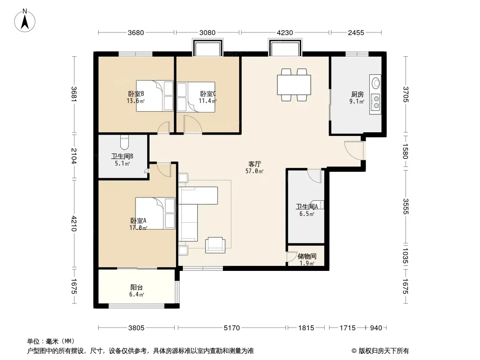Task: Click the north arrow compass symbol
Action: [25, 21]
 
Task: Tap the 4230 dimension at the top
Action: [285, 33]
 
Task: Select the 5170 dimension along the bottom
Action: [232, 328]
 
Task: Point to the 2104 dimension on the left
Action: [74, 156]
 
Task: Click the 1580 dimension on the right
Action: [405, 151]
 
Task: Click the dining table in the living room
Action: [294, 85]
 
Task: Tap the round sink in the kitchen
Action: [376, 83]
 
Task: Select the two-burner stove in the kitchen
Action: [376, 102]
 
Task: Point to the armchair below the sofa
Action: [215, 245]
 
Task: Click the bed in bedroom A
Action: [155, 213]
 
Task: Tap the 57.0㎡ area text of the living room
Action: [254, 171]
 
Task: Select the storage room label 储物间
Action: [307, 256]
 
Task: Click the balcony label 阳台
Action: [136, 288]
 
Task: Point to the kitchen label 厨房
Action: [357, 94]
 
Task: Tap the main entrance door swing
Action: [354, 150]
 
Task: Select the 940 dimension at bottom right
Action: [376, 328]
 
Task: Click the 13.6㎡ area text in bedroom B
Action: [136, 101]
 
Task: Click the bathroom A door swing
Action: [314, 176]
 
